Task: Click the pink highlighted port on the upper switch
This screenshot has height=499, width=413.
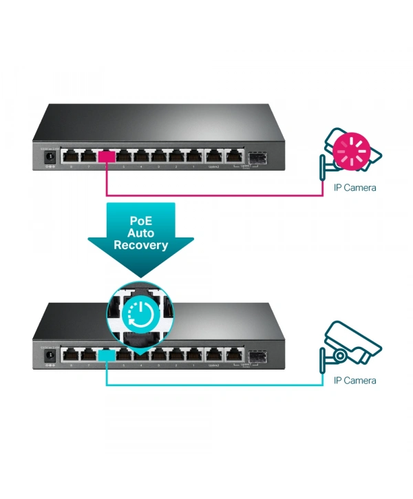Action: click(x=106, y=156)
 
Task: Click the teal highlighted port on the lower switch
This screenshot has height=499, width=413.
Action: click(x=106, y=355)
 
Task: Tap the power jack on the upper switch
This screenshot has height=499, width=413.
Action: click(x=49, y=156)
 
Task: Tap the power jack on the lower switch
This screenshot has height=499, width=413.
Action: click(x=49, y=355)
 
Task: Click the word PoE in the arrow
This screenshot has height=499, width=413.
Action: click(x=140, y=222)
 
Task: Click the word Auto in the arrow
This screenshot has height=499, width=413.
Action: click(x=140, y=233)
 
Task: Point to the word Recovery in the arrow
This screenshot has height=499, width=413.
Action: click(x=140, y=245)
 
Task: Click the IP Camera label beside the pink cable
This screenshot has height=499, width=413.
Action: click(x=354, y=187)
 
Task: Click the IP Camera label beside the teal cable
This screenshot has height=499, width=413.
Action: click(x=354, y=380)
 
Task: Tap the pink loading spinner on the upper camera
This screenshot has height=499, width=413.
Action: click(x=351, y=147)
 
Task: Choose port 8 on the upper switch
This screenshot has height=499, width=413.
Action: click(x=70, y=156)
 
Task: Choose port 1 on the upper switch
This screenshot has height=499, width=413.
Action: click(x=195, y=156)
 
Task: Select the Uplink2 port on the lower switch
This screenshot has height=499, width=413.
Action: click(x=214, y=355)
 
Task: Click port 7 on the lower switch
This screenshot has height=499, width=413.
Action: click(x=88, y=355)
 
